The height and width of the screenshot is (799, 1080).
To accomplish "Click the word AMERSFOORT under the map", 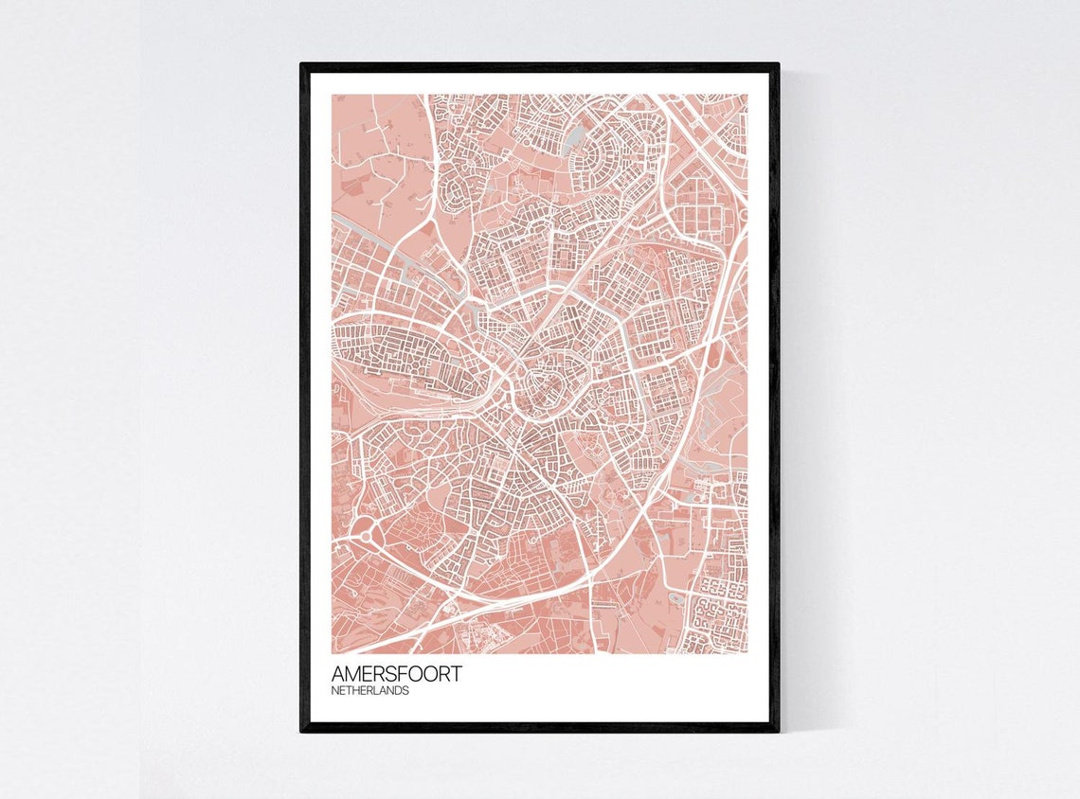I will tap(397, 674).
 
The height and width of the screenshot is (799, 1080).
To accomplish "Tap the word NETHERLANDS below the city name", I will tap(370, 691).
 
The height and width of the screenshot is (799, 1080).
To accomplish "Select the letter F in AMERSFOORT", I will tap(408, 674).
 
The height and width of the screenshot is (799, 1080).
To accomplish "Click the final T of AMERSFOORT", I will tap(458, 674).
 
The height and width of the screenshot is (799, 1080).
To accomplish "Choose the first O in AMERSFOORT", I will tap(421, 674).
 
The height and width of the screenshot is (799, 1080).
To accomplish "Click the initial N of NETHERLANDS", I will tap(335, 691).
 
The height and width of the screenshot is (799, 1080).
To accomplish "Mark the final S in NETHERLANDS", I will tap(406, 691).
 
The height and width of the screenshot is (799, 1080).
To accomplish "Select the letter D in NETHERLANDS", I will tap(399, 691).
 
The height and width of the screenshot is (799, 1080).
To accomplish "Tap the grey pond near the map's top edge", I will tap(572, 142).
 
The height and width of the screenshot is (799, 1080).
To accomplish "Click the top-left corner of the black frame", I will tap(302, 65).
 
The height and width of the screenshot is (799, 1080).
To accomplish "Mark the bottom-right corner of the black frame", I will tap(777, 730).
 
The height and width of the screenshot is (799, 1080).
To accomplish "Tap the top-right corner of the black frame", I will tap(777, 65).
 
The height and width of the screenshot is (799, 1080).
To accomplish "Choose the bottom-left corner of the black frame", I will tap(302, 730).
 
